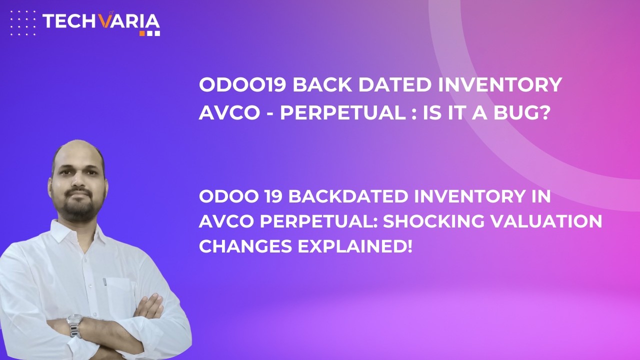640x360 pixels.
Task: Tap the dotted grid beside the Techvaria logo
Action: (x=23, y=22)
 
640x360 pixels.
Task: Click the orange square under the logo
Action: (x=142, y=33)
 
